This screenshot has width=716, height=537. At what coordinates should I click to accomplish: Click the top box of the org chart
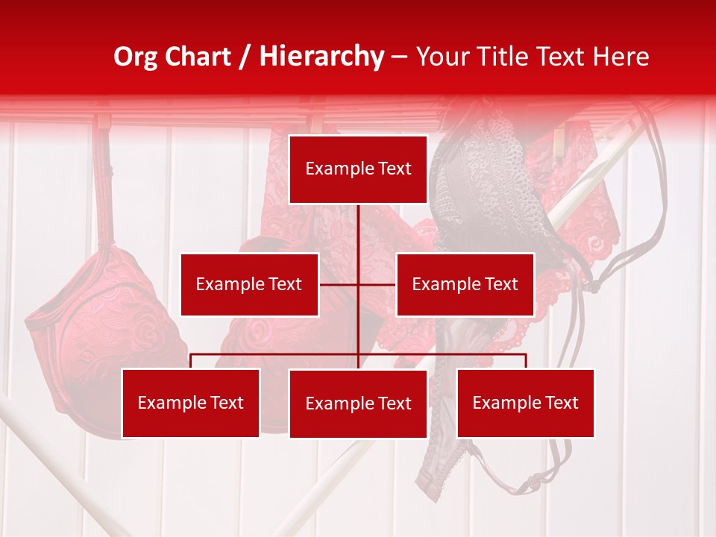pyautogui.click(x=358, y=169)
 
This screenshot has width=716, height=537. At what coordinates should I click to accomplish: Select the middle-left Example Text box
pyautogui.click(x=249, y=284)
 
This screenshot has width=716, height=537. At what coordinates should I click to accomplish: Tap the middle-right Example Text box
pyautogui.click(x=465, y=284)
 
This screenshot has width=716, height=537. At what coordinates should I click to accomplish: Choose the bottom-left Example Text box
pyautogui.click(x=190, y=403)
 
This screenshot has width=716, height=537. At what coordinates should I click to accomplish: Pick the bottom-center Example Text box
pyautogui.click(x=358, y=403)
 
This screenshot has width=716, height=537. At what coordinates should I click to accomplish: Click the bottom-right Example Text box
pyautogui.click(x=525, y=403)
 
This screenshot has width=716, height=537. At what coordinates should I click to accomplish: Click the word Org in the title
pyautogui.click(x=134, y=57)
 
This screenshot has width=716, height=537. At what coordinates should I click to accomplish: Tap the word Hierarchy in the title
pyautogui.click(x=321, y=57)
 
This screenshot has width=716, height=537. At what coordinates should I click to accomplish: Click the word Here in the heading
pyautogui.click(x=621, y=57)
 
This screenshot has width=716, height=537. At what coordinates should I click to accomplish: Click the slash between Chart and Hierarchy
pyautogui.click(x=245, y=57)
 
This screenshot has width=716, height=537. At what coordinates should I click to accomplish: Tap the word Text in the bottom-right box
pyautogui.click(x=561, y=403)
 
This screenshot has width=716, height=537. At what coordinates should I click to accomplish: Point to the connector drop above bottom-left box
pyautogui.click(x=191, y=361)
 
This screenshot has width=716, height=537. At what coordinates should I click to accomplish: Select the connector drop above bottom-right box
pyautogui.click(x=526, y=361)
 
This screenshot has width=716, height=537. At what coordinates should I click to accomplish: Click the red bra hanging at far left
pyautogui.click(x=104, y=328)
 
